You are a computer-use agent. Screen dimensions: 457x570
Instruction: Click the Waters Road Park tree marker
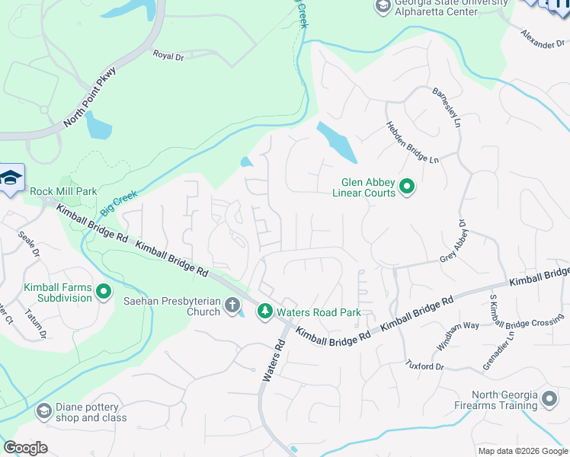264,311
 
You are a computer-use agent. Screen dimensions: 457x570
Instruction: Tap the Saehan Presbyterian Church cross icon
233,306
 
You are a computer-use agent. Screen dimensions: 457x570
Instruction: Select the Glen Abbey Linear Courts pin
406,187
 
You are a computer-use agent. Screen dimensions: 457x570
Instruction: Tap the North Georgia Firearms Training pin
549,398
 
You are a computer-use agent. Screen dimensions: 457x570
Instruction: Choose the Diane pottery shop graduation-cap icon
43,412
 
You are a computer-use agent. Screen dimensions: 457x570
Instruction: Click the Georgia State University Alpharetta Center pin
383,7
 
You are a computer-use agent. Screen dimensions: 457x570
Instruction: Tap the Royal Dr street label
168,55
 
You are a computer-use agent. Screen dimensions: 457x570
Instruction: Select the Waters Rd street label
274,360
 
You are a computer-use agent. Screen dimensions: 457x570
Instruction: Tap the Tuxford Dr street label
424,366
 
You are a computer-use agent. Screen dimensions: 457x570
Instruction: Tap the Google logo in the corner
25,448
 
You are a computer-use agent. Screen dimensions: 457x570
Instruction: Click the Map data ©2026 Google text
523,451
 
